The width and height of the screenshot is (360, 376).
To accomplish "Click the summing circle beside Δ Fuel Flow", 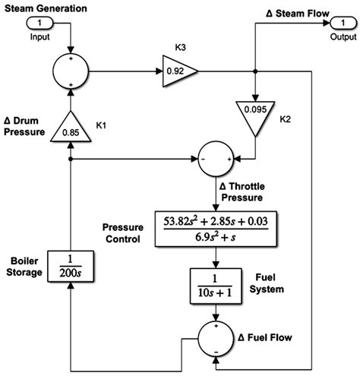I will (216, 336).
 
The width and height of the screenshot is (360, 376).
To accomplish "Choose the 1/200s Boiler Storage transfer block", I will (70, 268).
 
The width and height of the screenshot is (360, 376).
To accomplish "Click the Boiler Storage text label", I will (25, 267).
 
